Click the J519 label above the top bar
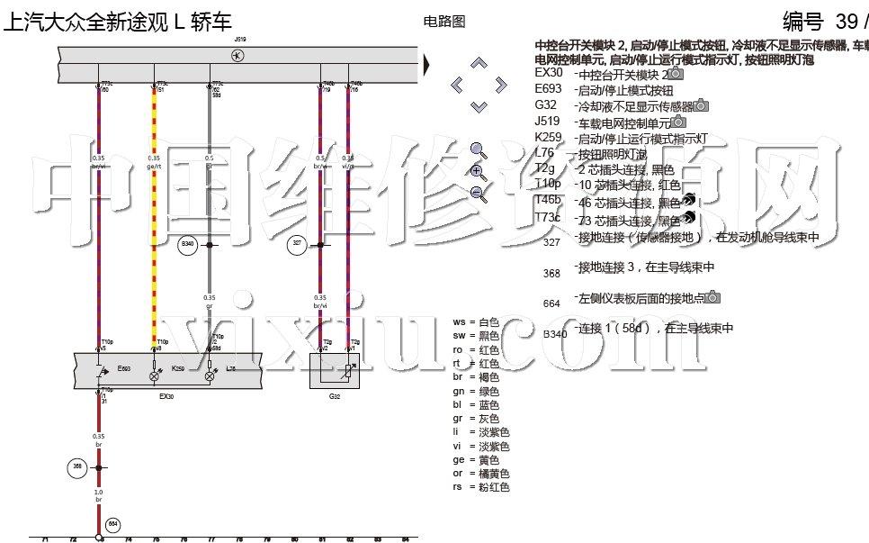[x=239, y=41]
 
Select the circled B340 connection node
[x=187, y=244]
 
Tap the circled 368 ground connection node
[x=76, y=467]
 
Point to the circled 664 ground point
[x=113, y=523]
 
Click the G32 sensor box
[x=335, y=371]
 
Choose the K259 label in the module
[x=178, y=368]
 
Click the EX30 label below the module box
[x=166, y=395]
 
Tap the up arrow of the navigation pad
[x=479, y=63]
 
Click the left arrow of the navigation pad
[x=457, y=86]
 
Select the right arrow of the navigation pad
[x=501, y=86]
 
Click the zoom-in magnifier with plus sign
[x=478, y=172]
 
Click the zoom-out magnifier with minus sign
[x=478, y=193]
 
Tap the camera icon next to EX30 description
[x=676, y=74]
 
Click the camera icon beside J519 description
[x=679, y=122]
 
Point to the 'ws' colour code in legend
[x=459, y=321]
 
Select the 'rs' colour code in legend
[x=459, y=487]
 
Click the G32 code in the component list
[x=546, y=105]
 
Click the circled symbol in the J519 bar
[x=237, y=56]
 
